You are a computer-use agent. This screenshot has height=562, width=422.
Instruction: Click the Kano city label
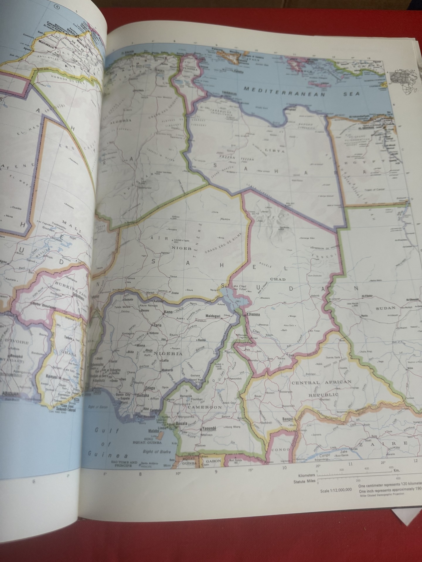[168, 312]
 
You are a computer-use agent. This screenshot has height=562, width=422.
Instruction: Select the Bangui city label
[287, 419]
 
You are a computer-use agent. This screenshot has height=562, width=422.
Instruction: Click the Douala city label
[181, 424]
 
